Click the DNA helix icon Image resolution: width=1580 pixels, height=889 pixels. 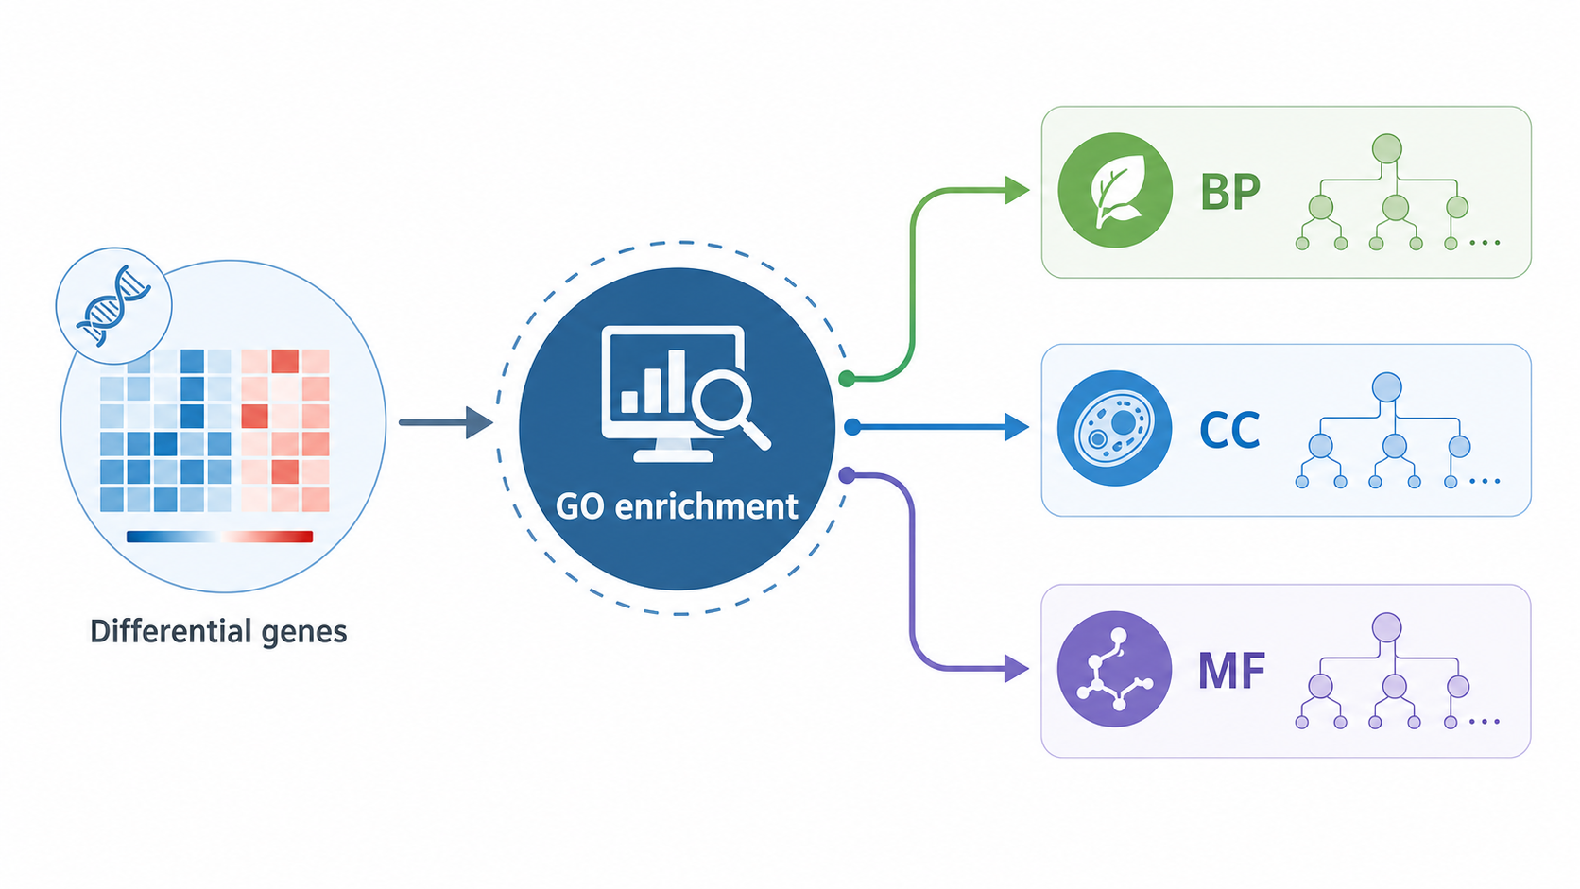point(113,306)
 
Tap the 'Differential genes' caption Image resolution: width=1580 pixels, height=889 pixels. point(218,631)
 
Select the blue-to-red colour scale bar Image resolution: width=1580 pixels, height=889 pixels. point(219,537)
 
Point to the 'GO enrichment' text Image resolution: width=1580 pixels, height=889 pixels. point(677,506)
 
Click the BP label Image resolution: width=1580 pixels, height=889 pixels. point(1230,191)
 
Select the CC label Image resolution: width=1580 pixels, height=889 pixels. point(1229,429)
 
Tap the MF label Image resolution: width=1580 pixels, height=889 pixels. point(1231,670)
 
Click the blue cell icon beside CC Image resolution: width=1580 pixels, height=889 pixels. point(1114,428)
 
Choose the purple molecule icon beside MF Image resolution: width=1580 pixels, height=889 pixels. point(1114,668)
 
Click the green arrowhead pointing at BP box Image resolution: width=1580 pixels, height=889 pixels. point(1017,190)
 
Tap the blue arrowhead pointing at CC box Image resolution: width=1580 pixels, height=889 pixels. point(1017,427)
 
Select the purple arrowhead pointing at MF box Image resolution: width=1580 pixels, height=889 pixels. point(1017,668)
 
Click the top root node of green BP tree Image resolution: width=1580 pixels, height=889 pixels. point(1386,148)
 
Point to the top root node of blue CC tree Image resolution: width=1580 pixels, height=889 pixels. point(1386,387)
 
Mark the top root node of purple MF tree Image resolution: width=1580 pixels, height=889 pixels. point(1386,627)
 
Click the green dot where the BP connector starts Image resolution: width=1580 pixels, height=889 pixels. point(847,379)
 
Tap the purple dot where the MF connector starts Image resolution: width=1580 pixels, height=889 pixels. point(847,475)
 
